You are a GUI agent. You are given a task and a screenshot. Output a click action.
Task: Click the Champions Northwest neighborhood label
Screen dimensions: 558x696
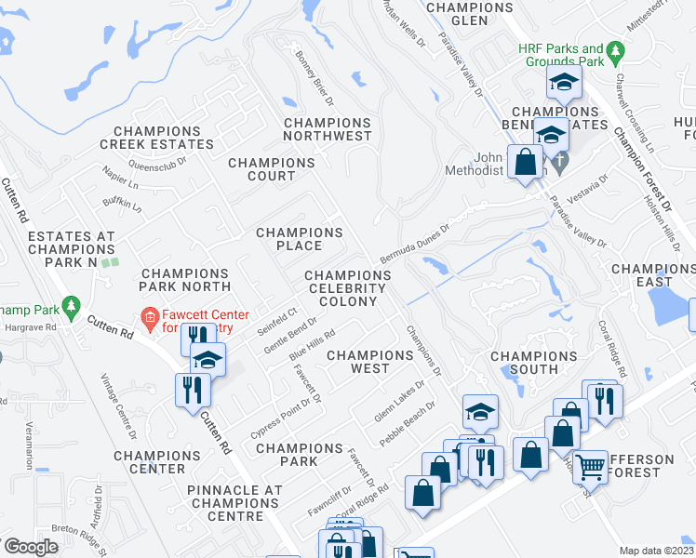[328, 129]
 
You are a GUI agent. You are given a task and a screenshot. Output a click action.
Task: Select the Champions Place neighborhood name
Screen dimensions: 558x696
[300, 239]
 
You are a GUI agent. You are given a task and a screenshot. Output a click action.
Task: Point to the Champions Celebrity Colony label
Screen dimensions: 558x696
[348, 288]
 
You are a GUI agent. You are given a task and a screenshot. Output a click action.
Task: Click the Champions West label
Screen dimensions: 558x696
[369, 362]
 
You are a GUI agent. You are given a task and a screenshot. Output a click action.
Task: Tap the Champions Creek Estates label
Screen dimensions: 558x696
[156, 138]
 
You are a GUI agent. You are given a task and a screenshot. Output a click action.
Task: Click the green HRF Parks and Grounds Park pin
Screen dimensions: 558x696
[614, 49]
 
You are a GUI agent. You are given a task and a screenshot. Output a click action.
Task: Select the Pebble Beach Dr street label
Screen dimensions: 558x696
[408, 424]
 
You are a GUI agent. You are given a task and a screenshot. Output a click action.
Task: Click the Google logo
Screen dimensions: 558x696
[31, 547]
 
